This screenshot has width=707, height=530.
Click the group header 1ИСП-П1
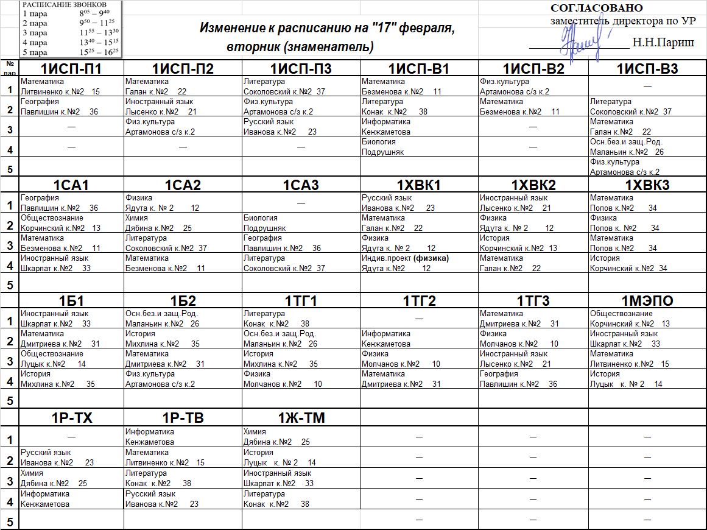(x=71, y=68)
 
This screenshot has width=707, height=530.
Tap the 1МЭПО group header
(x=647, y=301)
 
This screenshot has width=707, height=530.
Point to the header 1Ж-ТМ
(x=301, y=417)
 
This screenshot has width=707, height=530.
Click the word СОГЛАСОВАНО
(x=596, y=8)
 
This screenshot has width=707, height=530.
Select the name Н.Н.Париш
(x=663, y=43)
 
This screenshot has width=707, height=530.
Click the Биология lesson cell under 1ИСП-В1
(x=419, y=147)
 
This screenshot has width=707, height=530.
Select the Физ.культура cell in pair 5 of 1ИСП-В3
(x=647, y=167)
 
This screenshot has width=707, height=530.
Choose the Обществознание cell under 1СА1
(x=72, y=223)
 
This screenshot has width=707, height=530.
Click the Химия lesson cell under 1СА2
(x=183, y=223)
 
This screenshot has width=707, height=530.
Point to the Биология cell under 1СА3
(x=301, y=223)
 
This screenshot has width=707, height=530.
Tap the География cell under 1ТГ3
(x=533, y=379)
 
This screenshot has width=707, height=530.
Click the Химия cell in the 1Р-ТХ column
(x=72, y=478)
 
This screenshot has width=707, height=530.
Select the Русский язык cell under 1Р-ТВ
(x=183, y=499)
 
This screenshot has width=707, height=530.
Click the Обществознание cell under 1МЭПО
(x=647, y=319)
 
